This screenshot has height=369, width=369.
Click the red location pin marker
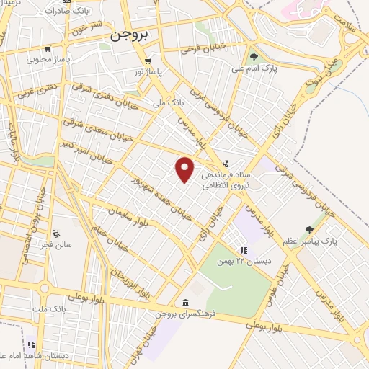tap(185, 169)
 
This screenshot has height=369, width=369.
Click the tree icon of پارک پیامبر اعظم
tap(310, 230)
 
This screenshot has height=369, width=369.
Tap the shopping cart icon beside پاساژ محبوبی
tap(47, 50)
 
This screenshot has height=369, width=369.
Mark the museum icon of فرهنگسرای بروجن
tap(187, 302)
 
